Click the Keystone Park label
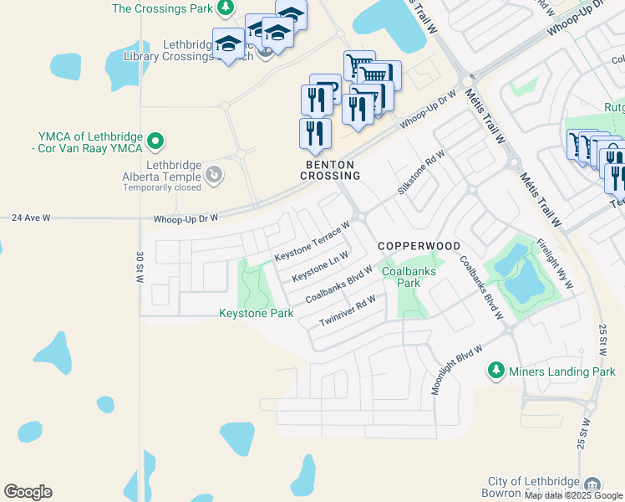click(256, 314)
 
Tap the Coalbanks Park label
click(401, 277)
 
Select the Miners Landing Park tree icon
click(496, 370)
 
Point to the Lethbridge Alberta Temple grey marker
click(215, 174)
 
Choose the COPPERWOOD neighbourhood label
click(419, 246)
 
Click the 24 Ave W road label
click(31, 218)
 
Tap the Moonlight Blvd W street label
click(458, 370)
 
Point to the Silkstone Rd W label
click(422, 172)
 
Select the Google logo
click(28, 492)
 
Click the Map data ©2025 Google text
click(574, 495)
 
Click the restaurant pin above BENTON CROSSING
click(315, 134)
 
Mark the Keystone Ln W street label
click(320, 266)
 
